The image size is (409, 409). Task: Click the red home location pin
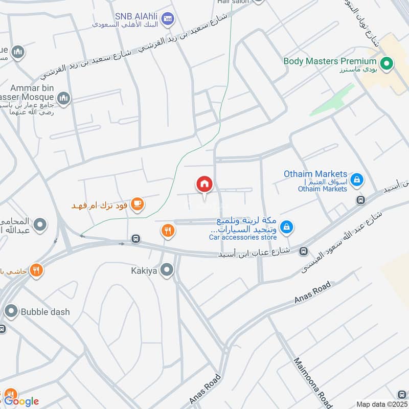204,185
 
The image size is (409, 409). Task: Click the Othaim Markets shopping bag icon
357,179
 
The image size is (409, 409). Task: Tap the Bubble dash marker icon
11,311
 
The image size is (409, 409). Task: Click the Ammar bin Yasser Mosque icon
64,98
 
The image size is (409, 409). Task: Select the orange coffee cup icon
137,204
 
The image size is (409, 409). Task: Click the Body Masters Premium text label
330,61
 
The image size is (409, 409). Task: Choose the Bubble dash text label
45,311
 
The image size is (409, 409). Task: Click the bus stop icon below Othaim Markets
360,200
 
